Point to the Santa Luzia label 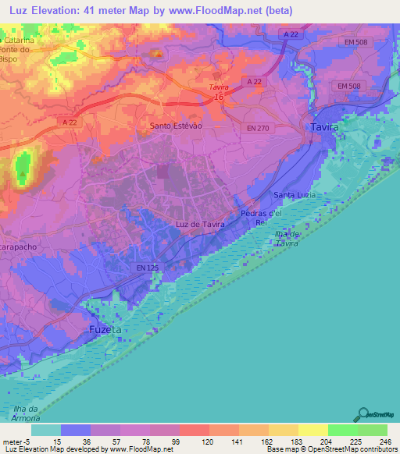point(295,194)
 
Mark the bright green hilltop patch point(23,167)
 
